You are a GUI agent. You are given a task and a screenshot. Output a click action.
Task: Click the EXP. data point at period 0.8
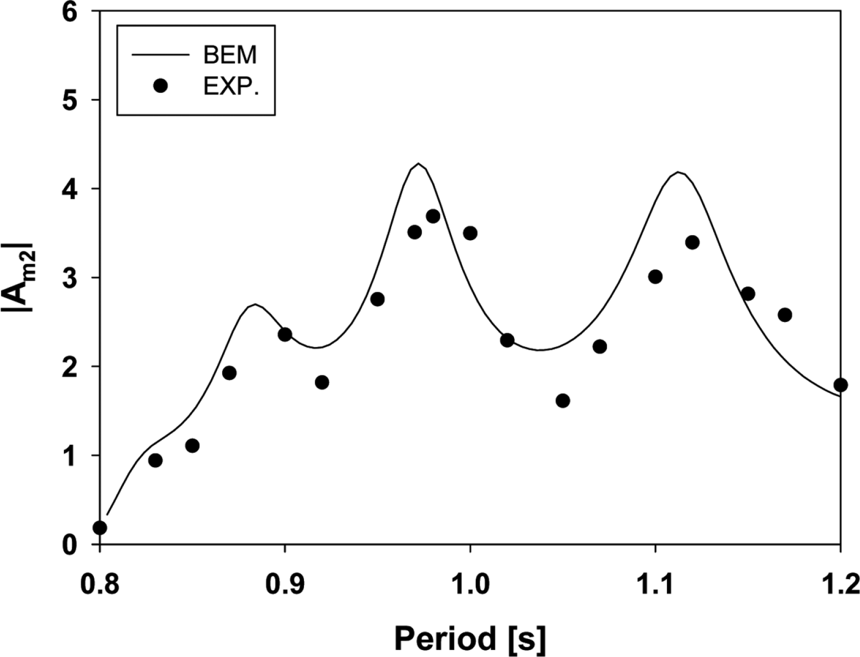coord(100,528)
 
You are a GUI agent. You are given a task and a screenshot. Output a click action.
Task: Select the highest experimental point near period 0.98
coord(433,216)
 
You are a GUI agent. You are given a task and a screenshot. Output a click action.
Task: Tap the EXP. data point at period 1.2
coord(840,385)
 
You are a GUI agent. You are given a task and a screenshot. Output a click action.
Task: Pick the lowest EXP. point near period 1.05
coord(563,401)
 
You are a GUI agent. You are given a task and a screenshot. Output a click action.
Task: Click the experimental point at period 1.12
coord(692,242)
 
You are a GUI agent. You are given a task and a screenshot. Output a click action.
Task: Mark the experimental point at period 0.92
coord(322,382)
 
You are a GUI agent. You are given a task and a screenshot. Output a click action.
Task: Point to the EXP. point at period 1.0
coord(470,233)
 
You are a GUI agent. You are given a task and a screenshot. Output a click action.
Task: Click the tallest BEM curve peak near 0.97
coord(419,163)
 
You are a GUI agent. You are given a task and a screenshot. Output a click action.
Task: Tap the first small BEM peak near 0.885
coord(255,304)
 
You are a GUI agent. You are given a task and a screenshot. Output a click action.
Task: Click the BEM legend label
coord(230,55)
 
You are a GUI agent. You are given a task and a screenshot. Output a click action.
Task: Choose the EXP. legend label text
coord(231,86)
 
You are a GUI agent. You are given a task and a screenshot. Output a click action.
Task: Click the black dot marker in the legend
coord(160,86)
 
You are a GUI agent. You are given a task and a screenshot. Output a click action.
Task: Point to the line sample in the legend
coord(160,55)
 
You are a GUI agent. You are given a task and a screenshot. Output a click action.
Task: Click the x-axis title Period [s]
coord(470,637)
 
